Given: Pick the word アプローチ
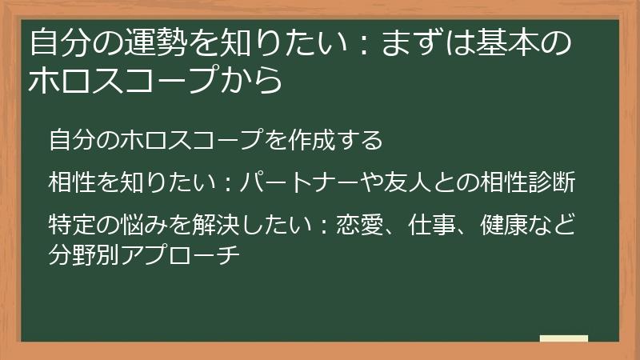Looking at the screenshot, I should pos(179,257).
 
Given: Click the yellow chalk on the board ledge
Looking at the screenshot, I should pos(563,338).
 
